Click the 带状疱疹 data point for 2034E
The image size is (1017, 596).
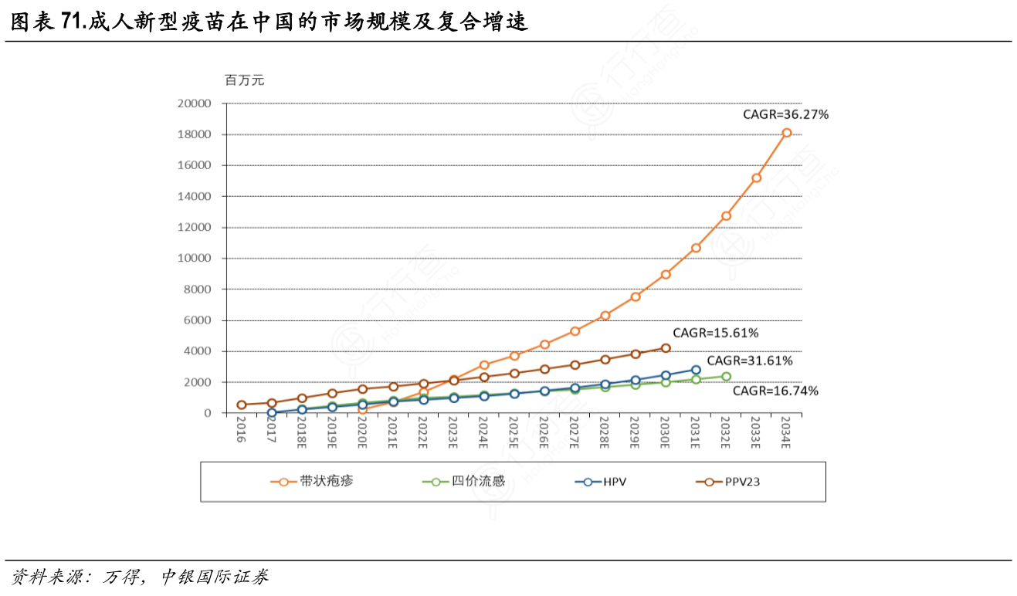click(x=786, y=133)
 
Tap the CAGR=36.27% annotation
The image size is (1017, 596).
click(x=785, y=114)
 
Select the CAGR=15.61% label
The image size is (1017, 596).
click(x=716, y=334)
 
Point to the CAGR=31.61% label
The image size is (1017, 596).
click(x=750, y=361)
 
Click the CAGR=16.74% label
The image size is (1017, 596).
click(x=775, y=391)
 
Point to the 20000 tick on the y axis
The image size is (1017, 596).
click(x=195, y=103)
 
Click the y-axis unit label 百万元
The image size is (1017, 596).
click(x=244, y=80)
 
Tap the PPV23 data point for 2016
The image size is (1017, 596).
click(x=242, y=405)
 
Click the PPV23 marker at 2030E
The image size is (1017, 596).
click(x=666, y=348)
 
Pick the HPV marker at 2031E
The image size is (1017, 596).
click(x=696, y=370)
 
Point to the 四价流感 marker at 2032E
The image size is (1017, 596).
click(x=726, y=377)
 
